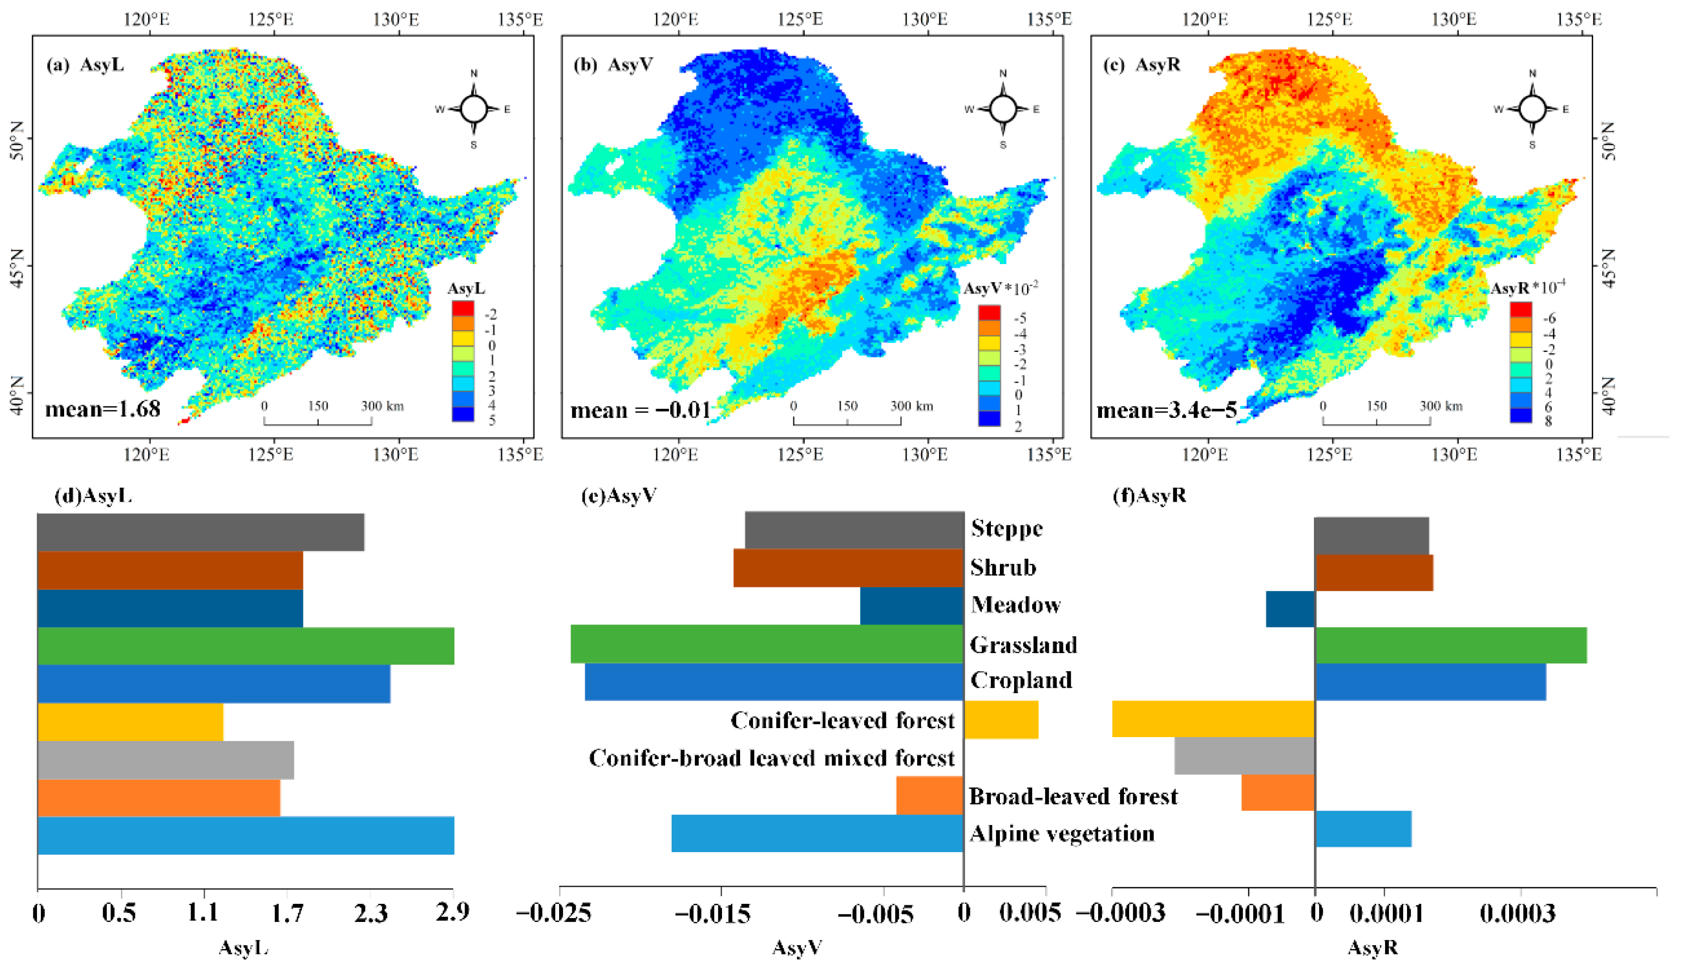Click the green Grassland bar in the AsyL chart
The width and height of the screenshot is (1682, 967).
[246, 645]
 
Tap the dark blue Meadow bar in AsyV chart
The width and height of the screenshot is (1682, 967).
[911, 606]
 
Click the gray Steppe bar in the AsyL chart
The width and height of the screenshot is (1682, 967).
[200, 532]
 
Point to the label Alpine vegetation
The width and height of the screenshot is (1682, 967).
[1062, 834]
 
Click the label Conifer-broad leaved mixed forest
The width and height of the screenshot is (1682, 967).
[771, 758]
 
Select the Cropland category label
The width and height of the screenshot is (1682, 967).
[1021, 680]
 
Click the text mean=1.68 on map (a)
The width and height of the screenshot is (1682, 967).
[103, 408]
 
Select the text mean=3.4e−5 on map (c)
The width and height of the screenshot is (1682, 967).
[1167, 410]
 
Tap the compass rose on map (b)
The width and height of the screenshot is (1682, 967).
[1003, 109]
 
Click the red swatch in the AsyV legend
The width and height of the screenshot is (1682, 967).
[989, 312]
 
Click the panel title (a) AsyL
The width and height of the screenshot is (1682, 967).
[85, 65]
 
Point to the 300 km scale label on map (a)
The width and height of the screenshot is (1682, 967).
[382, 406]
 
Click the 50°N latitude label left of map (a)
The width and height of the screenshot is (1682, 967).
[17, 140]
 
